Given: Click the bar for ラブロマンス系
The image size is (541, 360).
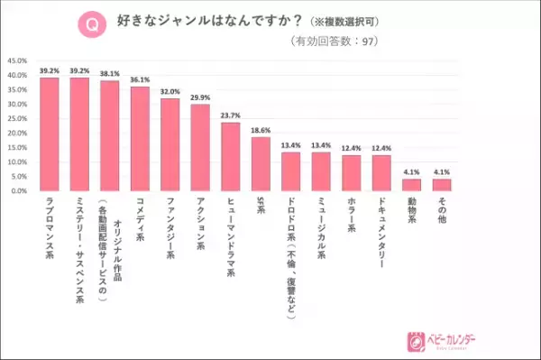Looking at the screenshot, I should [x=49, y=134].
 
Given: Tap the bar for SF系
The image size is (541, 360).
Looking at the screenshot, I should [x=261, y=164].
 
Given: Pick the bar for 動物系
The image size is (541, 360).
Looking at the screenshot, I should [x=411, y=185].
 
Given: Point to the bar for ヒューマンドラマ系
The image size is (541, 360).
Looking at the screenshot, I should [x=231, y=157].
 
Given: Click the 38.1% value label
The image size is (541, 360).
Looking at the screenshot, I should [x=109, y=73].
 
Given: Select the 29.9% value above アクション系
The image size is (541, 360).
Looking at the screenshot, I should [x=200, y=97].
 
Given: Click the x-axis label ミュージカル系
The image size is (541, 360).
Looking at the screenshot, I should [x=321, y=230].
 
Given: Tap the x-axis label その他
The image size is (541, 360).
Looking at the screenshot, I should [x=442, y=213].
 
